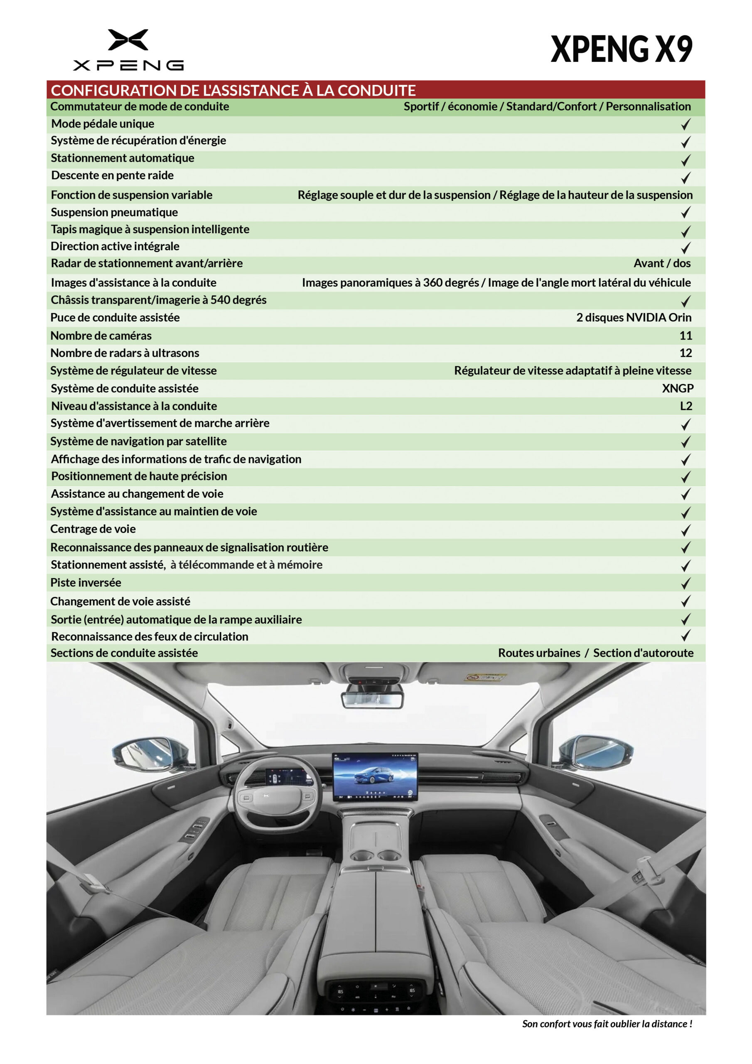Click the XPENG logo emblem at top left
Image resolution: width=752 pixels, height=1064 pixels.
click(128, 40)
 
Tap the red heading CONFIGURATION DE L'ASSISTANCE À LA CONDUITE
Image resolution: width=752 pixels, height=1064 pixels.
click(233, 90)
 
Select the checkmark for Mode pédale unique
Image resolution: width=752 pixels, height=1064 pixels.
click(685, 124)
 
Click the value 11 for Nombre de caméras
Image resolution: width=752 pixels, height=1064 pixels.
click(685, 335)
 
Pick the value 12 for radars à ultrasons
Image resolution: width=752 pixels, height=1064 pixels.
click(685, 353)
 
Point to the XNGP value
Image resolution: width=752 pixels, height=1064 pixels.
click(677, 388)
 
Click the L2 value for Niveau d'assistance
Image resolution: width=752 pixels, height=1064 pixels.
click(686, 406)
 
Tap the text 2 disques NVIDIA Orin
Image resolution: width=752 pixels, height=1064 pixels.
click(634, 318)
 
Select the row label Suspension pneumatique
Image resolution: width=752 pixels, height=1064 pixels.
click(114, 212)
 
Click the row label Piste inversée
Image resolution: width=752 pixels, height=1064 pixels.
click(86, 583)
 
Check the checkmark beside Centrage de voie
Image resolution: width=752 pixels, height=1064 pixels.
click(685, 530)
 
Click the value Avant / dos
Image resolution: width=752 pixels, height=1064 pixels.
click(662, 263)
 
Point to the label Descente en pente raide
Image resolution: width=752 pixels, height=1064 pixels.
click(112, 175)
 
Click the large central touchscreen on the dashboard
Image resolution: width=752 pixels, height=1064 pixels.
click(375, 777)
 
